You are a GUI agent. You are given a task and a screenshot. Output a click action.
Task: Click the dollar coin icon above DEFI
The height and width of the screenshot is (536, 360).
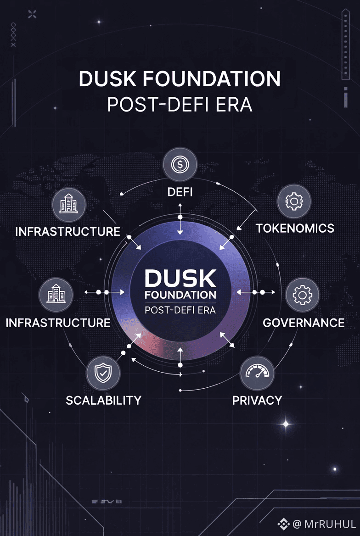click(x=180, y=164)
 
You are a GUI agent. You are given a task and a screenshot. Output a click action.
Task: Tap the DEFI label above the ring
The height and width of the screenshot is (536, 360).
click(x=180, y=191)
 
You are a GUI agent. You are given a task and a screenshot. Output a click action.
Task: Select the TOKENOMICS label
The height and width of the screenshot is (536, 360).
click(x=295, y=228)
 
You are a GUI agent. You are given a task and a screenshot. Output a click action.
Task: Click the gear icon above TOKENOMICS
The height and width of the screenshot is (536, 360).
click(x=295, y=201)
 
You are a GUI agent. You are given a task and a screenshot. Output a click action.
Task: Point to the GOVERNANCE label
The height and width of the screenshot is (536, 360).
click(x=304, y=323)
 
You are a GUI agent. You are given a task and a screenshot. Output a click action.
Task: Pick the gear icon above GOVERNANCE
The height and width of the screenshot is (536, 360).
click(x=302, y=295)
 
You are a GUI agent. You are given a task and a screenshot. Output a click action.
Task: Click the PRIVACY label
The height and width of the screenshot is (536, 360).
click(x=257, y=400)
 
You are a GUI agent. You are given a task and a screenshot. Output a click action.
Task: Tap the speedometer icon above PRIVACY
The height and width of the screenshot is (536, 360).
click(x=257, y=372)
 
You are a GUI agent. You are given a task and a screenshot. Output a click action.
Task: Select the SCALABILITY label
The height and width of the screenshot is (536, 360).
click(x=103, y=400)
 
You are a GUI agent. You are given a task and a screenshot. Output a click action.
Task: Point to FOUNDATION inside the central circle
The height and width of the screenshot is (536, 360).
click(x=180, y=294)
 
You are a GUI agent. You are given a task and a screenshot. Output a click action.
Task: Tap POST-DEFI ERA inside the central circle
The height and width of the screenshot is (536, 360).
click(x=180, y=310)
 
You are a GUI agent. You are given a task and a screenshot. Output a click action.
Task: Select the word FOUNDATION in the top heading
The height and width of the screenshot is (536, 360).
click(x=212, y=79)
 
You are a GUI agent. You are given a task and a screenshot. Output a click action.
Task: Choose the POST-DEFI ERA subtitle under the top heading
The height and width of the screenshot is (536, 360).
click(x=180, y=105)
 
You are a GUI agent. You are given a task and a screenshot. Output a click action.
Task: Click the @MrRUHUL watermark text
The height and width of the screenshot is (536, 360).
click(x=324, y=524)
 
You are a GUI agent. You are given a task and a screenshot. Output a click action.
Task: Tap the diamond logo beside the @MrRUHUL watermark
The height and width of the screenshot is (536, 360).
click(x=284, y=524)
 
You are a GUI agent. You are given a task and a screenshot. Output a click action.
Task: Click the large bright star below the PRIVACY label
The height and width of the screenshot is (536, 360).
click(x=286, y=423)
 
